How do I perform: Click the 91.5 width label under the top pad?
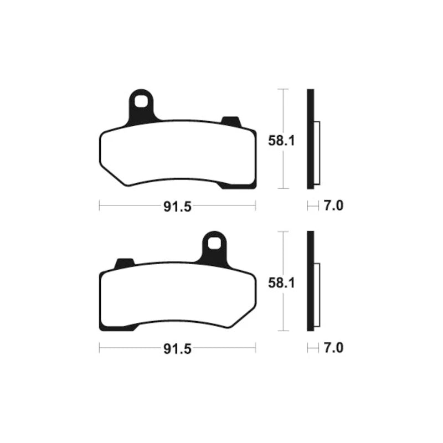point(177,207)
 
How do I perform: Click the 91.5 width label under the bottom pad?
point(177,349)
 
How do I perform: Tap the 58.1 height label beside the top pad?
point(281,141)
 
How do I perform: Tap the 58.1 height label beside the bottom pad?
point(281,283)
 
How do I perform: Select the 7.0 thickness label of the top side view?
point(333,205)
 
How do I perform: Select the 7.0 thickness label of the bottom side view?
point(333,348)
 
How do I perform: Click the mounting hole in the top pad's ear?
point(141,102)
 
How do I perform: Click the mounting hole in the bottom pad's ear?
point(214,244)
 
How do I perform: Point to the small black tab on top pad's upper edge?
point(231,121)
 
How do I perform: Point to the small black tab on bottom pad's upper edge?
point(124,263)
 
